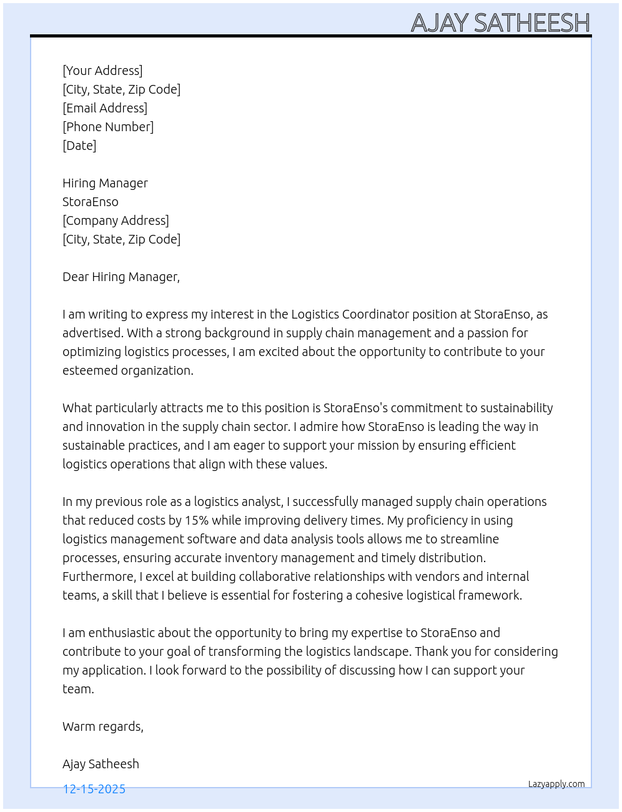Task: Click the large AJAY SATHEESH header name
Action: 500,23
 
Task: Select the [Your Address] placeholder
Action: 102,71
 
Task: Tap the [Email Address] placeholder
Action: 105,108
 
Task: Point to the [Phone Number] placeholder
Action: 108,127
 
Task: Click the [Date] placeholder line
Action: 79,146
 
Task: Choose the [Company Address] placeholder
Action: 116,220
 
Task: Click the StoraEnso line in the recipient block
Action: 91,202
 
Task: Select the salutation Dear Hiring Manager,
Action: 121,277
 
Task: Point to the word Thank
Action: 432,651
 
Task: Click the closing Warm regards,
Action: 103,726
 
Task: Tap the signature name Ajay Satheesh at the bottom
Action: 101,764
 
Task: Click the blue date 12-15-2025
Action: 94,789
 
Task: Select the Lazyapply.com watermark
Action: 556,784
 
